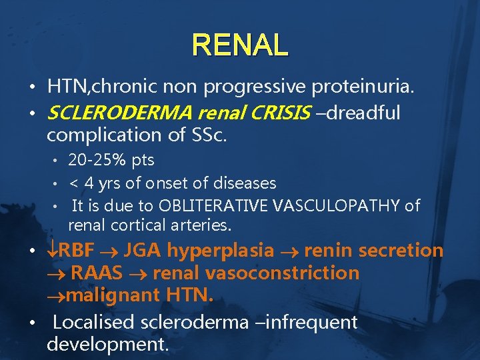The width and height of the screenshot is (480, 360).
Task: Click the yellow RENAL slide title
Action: click(240, 45)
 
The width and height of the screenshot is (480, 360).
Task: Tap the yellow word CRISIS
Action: click(278, 113)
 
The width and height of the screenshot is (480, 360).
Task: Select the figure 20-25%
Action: click(95, 160)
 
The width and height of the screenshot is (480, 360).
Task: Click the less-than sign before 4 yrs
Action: click(73, 183)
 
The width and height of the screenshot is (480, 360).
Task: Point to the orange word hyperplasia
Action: click(220, 251)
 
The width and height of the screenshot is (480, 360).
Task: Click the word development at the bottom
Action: click(107, 345)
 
